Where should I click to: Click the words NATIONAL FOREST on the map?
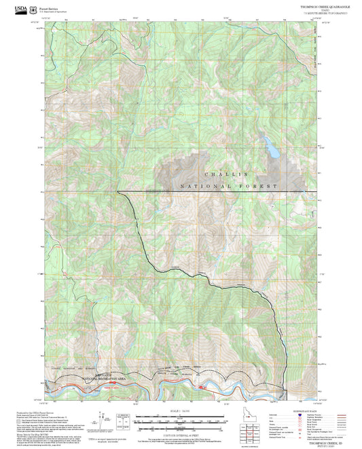[x=230, y=187]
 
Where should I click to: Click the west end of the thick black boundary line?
[x=117, y=192]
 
